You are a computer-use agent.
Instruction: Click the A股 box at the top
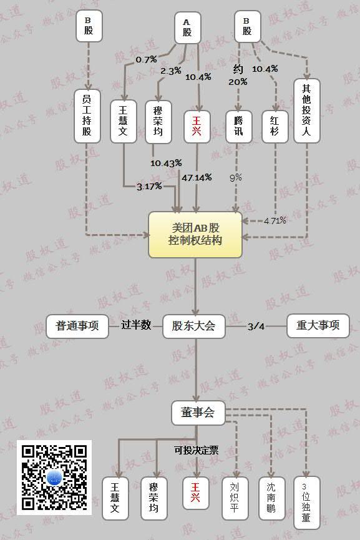tap(187, 28)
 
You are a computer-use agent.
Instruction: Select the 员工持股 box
tap(87, 116)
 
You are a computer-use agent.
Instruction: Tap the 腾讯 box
tap(238, 126)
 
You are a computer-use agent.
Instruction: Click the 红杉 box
tap(275, 126)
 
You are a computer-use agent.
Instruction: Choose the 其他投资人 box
tap(306, 110)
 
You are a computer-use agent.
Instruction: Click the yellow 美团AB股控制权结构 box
tap(195, 235)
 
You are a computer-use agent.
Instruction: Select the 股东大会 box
tap(194, 326)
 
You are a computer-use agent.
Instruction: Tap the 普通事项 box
tap(77, 326)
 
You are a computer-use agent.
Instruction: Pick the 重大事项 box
tap(318, 326)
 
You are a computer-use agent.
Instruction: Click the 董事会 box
tap(198, 413)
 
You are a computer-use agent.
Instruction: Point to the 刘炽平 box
tap(235, 498)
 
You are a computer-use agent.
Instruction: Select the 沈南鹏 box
tap(271, 498)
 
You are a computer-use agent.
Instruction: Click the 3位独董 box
tap(306, 503)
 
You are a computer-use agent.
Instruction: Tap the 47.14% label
tap(197, 178)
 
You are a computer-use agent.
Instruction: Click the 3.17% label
tap(149, 186)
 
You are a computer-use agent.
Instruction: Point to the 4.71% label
tap(275, 221)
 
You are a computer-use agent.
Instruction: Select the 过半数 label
tap(136, 325)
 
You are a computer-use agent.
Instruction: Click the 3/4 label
tap(256, 326)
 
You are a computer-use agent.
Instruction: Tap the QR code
tap(54, 478)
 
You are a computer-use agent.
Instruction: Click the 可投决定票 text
tap(196, 450)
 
